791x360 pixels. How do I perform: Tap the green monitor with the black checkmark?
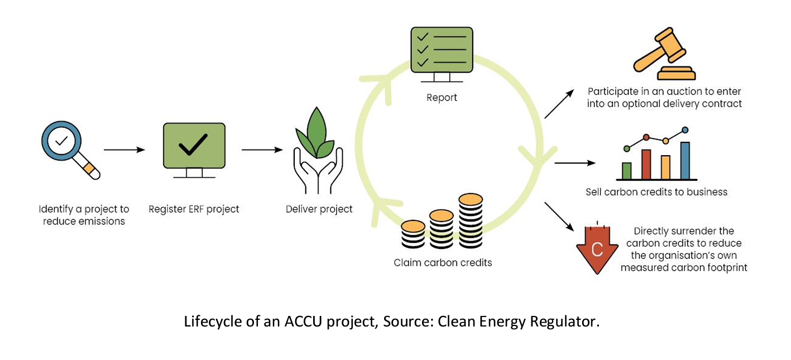click(194, 147)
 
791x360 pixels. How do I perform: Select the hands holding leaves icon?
click(318, 151)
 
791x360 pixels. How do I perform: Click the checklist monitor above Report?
click(442, 50)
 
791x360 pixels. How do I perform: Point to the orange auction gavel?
click(664, 54)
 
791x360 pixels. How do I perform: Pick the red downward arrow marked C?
click(597, 249)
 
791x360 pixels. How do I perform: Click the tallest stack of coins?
click(471, 220)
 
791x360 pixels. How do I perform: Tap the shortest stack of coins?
click(413, 234)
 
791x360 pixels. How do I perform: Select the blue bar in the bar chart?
click(685, 160)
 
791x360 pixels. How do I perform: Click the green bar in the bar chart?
click(627, 170)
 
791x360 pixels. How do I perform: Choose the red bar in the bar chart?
click(646, 164)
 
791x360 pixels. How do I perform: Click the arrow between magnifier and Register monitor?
click(124, 150)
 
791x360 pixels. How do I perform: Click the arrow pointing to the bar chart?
click(574, 163)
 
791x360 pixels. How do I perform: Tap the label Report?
click(442, 98)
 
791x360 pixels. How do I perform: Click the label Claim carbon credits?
click(443, 262)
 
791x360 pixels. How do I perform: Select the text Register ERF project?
click(194, 209)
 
